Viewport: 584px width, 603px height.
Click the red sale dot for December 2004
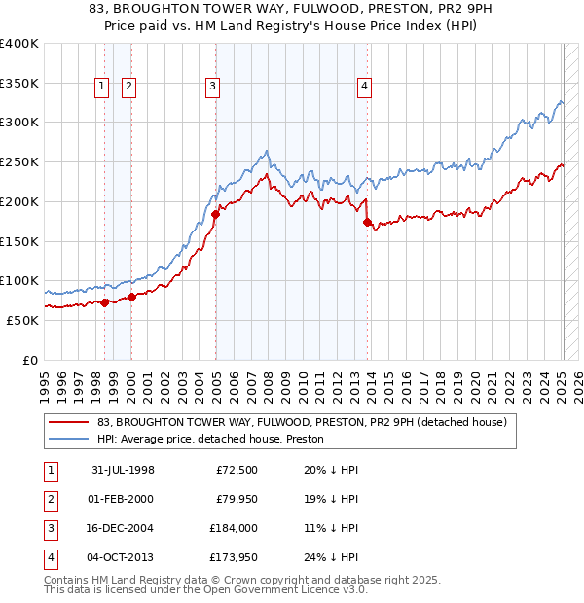pyautogui.click(x=215, y=214)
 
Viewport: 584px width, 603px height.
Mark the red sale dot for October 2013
pyautogui.click(x=367, y=222)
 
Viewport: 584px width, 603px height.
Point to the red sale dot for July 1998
pyautogui.click(x=105, y=302)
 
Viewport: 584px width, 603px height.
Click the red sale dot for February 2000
pyautogui.click(x=131, y=297)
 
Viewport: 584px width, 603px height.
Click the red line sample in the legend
pyautogui.click(x=68, y=423)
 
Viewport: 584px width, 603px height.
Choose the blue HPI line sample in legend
pyautogui.click(x=68, y=439)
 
